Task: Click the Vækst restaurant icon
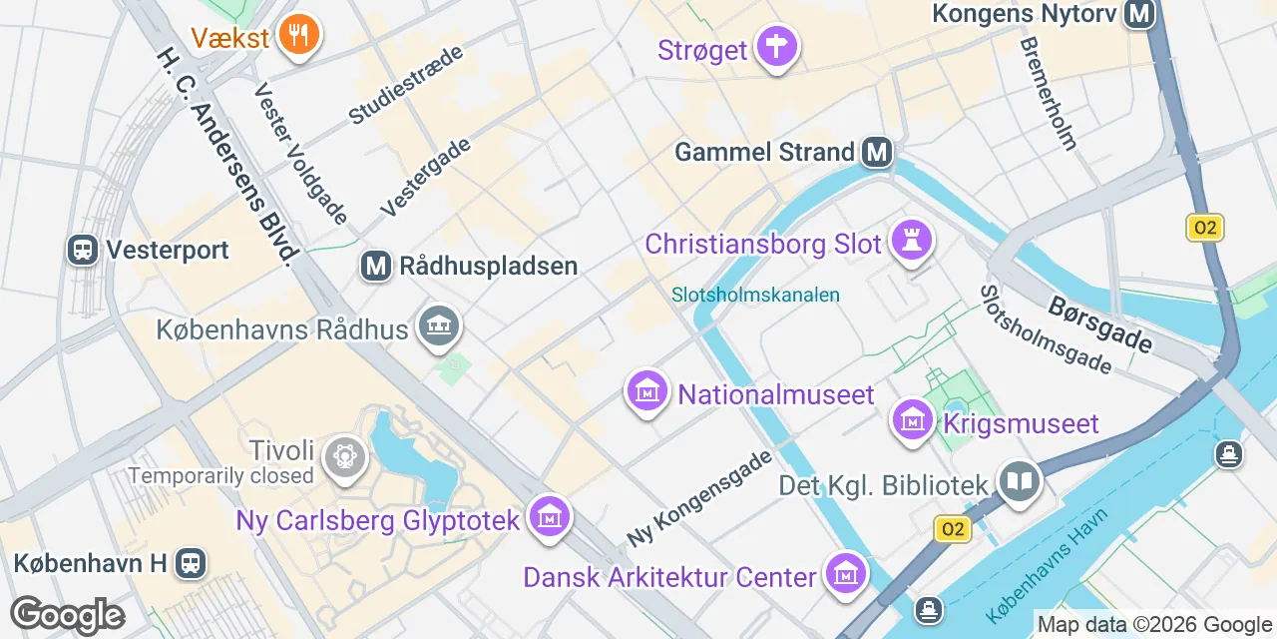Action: point(297,36)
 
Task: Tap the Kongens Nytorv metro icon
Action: point(1138,14)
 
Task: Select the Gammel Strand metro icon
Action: point(877,152)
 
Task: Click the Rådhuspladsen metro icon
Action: point(375,267)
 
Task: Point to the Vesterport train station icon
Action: point(83,250)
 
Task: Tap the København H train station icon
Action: point(190,563)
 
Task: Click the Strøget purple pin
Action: point(776,45)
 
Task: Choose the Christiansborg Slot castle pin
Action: point(910,241)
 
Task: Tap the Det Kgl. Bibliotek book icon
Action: point(1020,483)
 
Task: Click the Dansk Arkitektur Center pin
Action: point(847,574)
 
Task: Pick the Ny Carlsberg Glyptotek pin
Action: point(549,516)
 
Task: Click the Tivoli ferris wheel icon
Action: point(345,456)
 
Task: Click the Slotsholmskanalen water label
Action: point(755,296)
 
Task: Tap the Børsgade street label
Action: point(1100,325)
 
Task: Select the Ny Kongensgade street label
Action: point(699,498)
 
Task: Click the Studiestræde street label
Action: point(406,85)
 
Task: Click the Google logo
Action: point(67,616)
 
